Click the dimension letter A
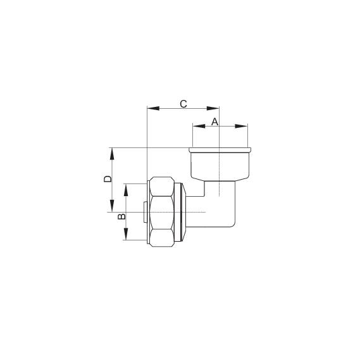(214, 121)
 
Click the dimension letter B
(122, 216)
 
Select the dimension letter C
(183, 103)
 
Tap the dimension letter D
(108, 179)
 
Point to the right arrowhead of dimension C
(215, 108)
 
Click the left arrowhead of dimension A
(196, 126)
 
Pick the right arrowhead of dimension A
(244, 126)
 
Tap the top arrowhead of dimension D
(112, 152)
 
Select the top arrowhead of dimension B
(126, 188)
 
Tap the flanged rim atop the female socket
(220, 150)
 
